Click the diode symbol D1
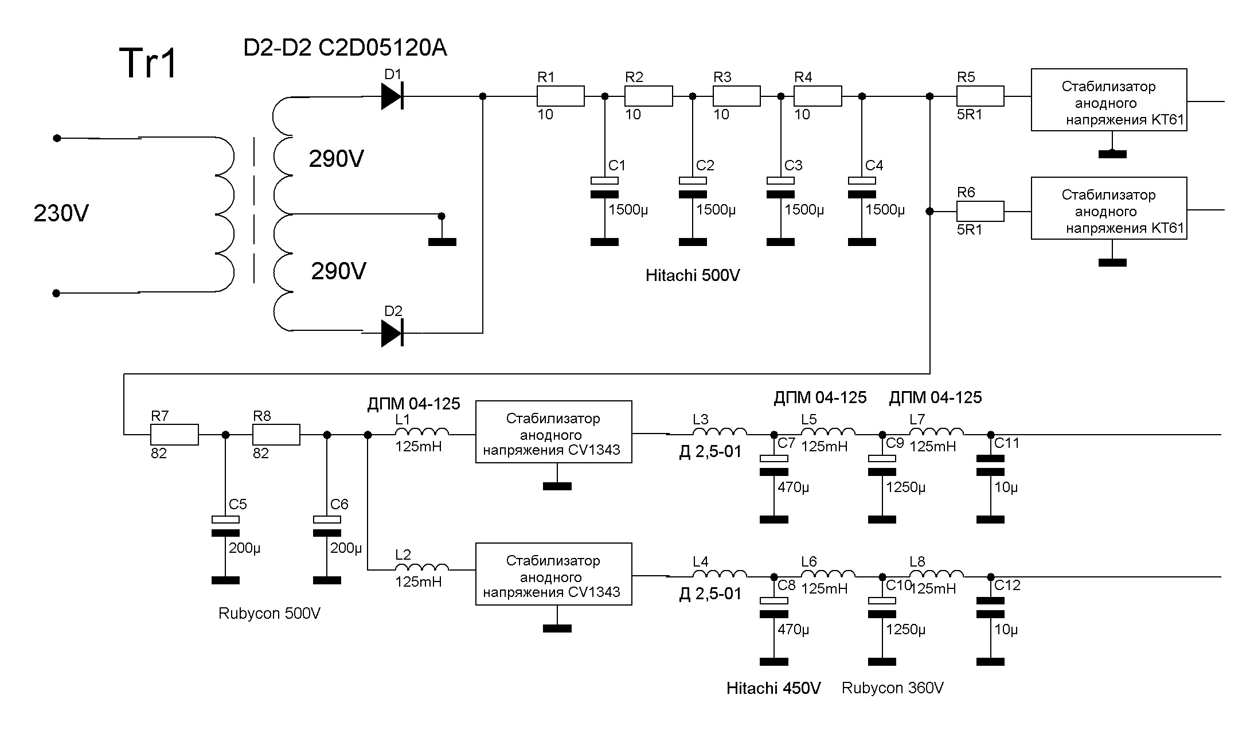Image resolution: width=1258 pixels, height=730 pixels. tap(392, 96)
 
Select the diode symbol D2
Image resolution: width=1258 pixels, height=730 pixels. tap(392, 333)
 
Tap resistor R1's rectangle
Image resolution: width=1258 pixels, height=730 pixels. tap(560, 96)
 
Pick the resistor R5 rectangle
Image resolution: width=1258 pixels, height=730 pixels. tap(980, 96)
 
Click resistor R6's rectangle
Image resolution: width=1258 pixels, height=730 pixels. tap(980, 212)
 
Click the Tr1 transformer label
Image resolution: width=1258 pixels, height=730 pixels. tap(149, 63)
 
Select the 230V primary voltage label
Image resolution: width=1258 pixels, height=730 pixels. tap(61, 214)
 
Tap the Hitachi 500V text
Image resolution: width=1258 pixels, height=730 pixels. tap(692, 276)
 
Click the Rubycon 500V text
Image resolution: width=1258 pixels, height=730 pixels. tap(269, 614)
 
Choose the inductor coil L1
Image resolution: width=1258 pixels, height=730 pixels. tap(421, 433)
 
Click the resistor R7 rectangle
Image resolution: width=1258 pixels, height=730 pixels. tap(174, 435)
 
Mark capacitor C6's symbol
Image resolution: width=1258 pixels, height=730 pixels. tap(327, 526)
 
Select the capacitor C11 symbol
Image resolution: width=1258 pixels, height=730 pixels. tap(990, 465)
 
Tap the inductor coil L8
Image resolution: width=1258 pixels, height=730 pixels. tap(936, 575)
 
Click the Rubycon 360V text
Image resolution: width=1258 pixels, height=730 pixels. tap(892, 688)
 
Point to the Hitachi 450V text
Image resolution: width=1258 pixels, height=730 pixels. tap(773, 688)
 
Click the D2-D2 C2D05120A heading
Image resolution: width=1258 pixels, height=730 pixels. tap(345, 49)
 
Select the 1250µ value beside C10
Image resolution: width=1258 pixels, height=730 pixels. tap(905, 630)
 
